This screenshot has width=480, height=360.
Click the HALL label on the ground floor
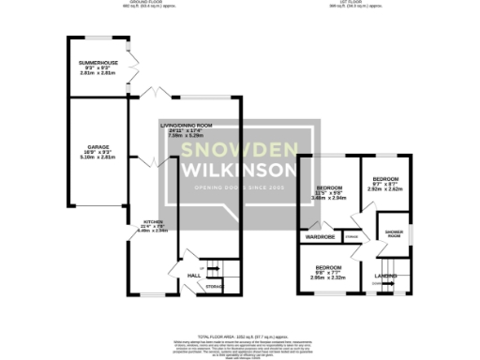194,275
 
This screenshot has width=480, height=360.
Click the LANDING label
385,276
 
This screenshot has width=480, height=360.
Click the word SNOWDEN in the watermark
240,150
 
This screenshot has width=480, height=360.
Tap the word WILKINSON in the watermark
240,171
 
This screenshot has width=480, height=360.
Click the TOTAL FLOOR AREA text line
240,335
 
